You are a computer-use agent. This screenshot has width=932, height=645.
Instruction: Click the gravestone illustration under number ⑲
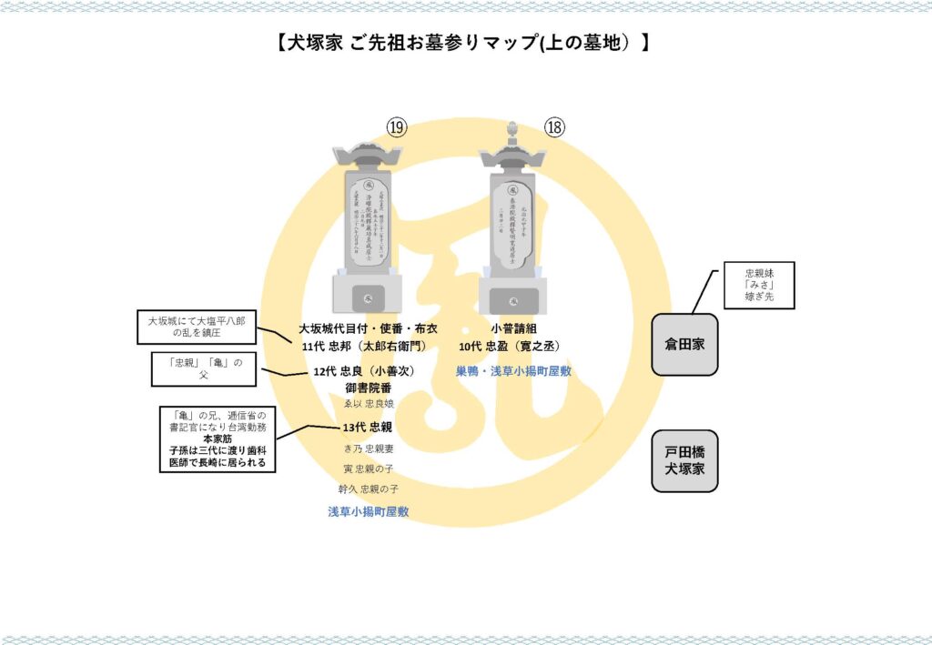tap(368, 227)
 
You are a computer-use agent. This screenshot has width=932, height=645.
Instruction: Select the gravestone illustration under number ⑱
tap(513, 227)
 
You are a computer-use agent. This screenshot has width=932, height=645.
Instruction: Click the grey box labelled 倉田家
tap(684, 345)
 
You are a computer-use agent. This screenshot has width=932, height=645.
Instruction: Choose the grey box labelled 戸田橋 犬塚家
tap(684, 461)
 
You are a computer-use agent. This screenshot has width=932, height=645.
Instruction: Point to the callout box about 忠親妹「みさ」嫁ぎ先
tap(758, 285)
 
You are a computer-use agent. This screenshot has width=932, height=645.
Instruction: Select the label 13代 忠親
tap(368, 428)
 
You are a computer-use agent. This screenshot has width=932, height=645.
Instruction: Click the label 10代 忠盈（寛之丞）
tap(509, 346)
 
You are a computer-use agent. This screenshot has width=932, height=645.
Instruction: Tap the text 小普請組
tap(509, 328)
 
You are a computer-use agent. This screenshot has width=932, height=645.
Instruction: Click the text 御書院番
tap(369, 388)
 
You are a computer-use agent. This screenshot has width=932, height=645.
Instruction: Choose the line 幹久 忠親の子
tap(368, 489)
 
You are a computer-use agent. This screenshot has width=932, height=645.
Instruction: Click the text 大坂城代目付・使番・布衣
tap(368, 328)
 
